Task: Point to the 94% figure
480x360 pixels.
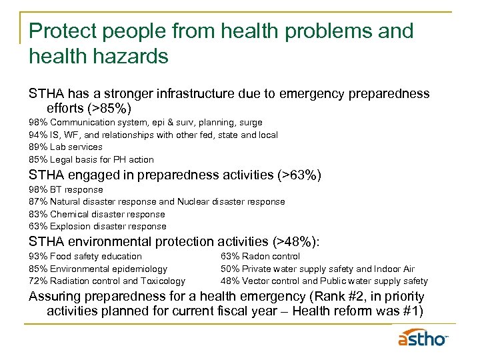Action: (38, 135)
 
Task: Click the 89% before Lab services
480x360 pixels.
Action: (38, 147)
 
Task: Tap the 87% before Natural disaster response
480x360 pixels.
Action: (38, 201)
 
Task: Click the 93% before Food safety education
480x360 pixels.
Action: (38, 256)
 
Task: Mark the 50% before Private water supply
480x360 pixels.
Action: (230, 269)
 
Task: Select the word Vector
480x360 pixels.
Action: (256, 281)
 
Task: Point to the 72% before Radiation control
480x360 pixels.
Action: (38, 281)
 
